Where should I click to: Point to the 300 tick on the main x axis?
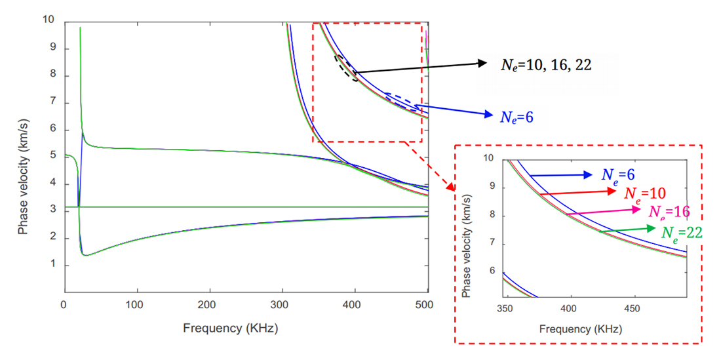(282, 305)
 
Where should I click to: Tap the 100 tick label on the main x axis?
(136, 305)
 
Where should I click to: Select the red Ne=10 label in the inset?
(646, 193)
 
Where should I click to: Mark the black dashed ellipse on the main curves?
(346, 67)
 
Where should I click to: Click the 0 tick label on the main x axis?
(64, 305)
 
